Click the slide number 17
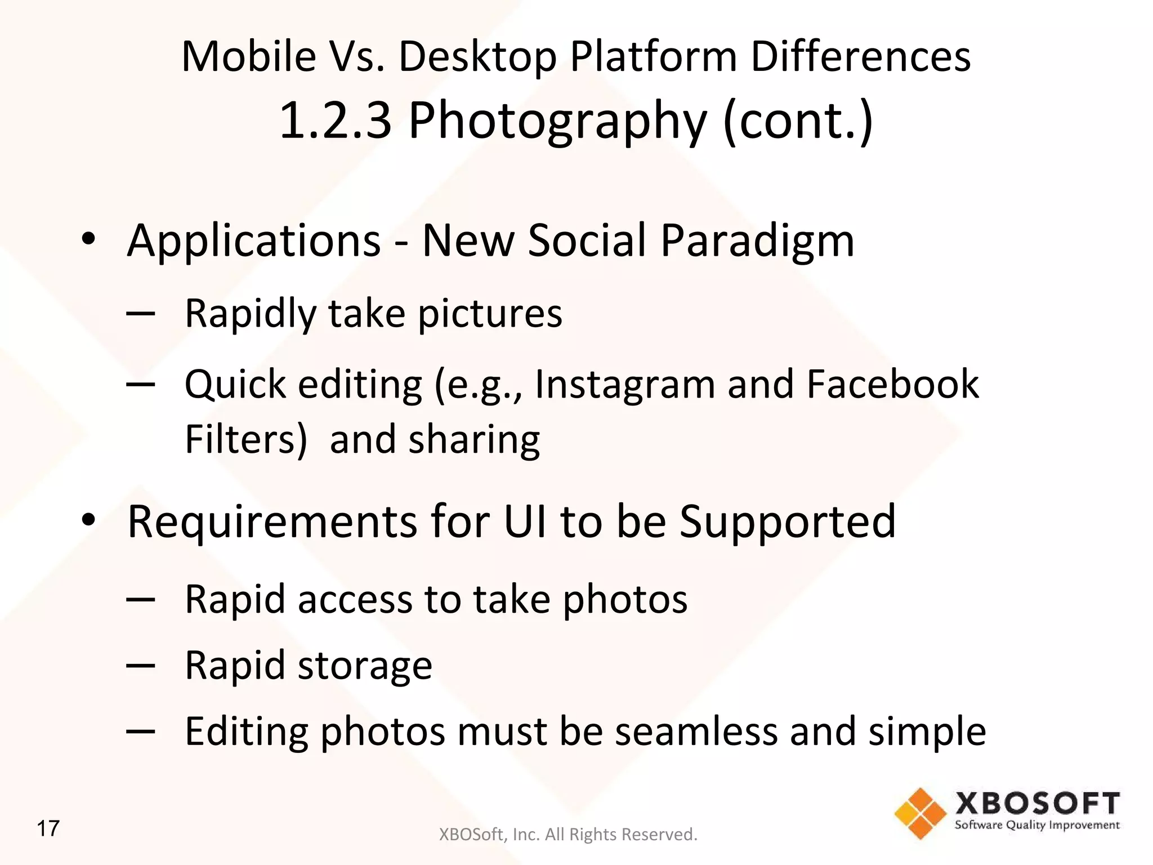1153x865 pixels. pyautogui.click(x=48, y=828)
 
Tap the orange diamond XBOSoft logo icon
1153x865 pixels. pyautogui.click(x=920, y=813)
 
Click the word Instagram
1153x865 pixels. pyautogui.click(x=624, y=384)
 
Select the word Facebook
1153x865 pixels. pyautogui.click(x=893, y=384)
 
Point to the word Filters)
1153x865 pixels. pyautogui.click(x=246, y=439)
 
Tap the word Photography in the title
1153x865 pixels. pyautogui.click(x=557, y=121)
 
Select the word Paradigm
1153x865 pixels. pyautogui.click(x=757, y=241)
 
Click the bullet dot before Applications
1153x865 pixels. pyautogui.click(x=88, y=239)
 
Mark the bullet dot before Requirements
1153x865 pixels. pyautogui.click(x=88, y=520)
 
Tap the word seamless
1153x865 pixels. pyautogui.click(x=696, y=731)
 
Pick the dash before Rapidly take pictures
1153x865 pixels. pyautogui.click(x=141, y=313)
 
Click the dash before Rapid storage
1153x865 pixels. pyautogui.click(x=141, y=666)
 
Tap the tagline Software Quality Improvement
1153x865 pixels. pyautogui.click(x=1037, y=826)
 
